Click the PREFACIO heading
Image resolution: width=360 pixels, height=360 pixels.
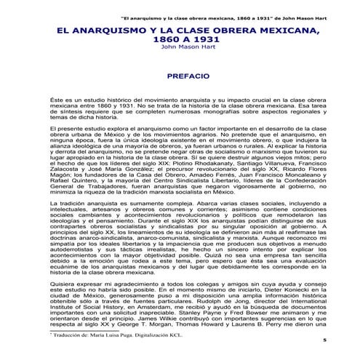point(180,75)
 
